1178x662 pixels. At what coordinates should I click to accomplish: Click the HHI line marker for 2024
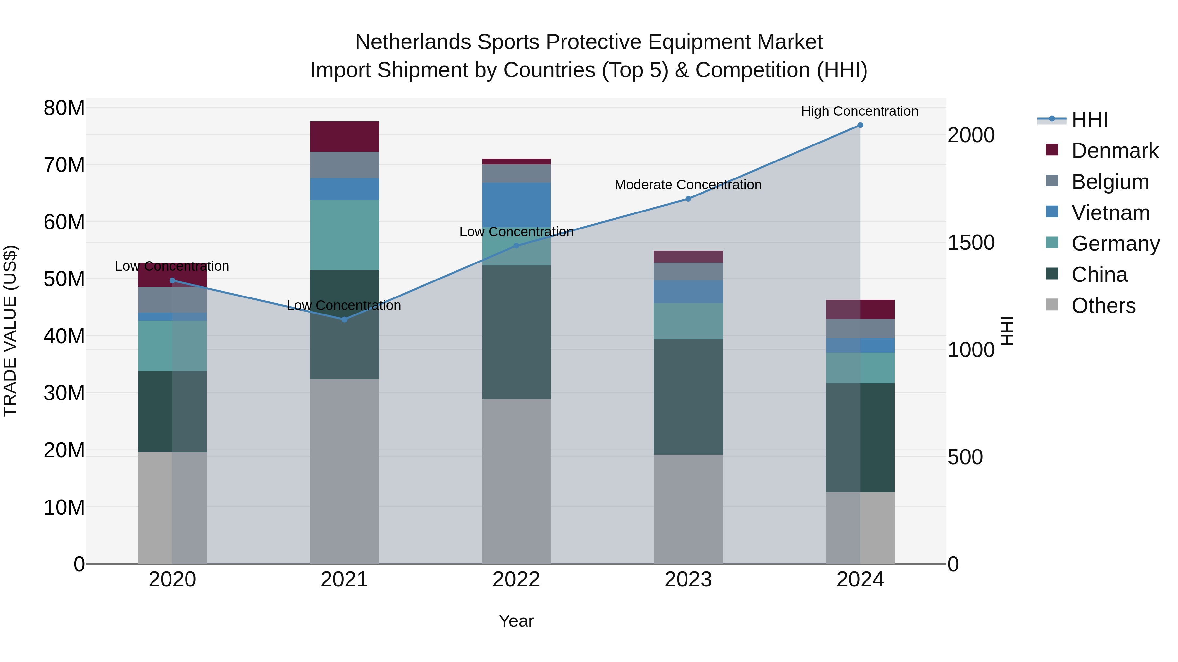(860, 125)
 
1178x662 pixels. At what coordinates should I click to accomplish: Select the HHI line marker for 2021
(344, 319)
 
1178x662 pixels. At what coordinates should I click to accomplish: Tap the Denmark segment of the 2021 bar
(344, 136)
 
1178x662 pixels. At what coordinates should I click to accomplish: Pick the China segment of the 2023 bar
(688, 397)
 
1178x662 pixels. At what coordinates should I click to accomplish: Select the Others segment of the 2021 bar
(344, 470)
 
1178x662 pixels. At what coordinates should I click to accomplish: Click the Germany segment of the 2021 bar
(344, 235)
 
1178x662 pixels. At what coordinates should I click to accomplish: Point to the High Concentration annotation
(859, 111)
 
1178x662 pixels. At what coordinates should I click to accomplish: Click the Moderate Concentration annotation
(688, 185)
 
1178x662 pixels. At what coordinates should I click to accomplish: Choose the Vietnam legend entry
(1110, 213)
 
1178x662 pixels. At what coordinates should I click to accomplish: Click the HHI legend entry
(1089, 120)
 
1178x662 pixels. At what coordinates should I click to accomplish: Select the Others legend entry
(1103, 306)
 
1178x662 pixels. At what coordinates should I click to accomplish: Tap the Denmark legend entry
(1115, 151)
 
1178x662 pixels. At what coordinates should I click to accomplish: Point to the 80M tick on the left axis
(64, 108)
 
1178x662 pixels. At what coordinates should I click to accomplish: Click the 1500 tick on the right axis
(971, 243)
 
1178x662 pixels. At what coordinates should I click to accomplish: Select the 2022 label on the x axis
(516, 580)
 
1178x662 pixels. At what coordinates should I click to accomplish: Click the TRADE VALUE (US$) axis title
(10, 331)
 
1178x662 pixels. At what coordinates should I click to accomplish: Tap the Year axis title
(516, 621)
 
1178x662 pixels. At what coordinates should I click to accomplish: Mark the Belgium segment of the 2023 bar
(688, 271)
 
